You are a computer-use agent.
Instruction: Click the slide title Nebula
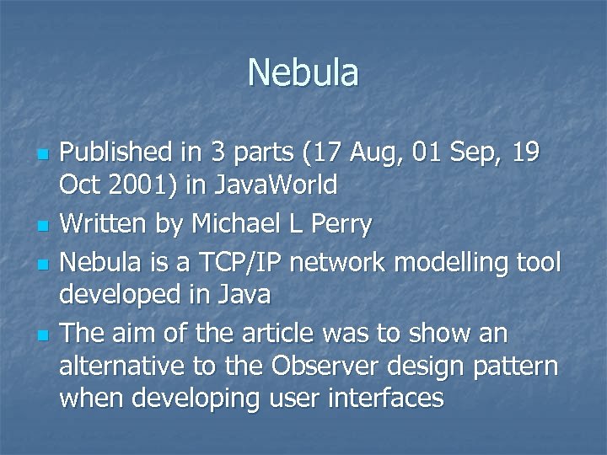[303, 72]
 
